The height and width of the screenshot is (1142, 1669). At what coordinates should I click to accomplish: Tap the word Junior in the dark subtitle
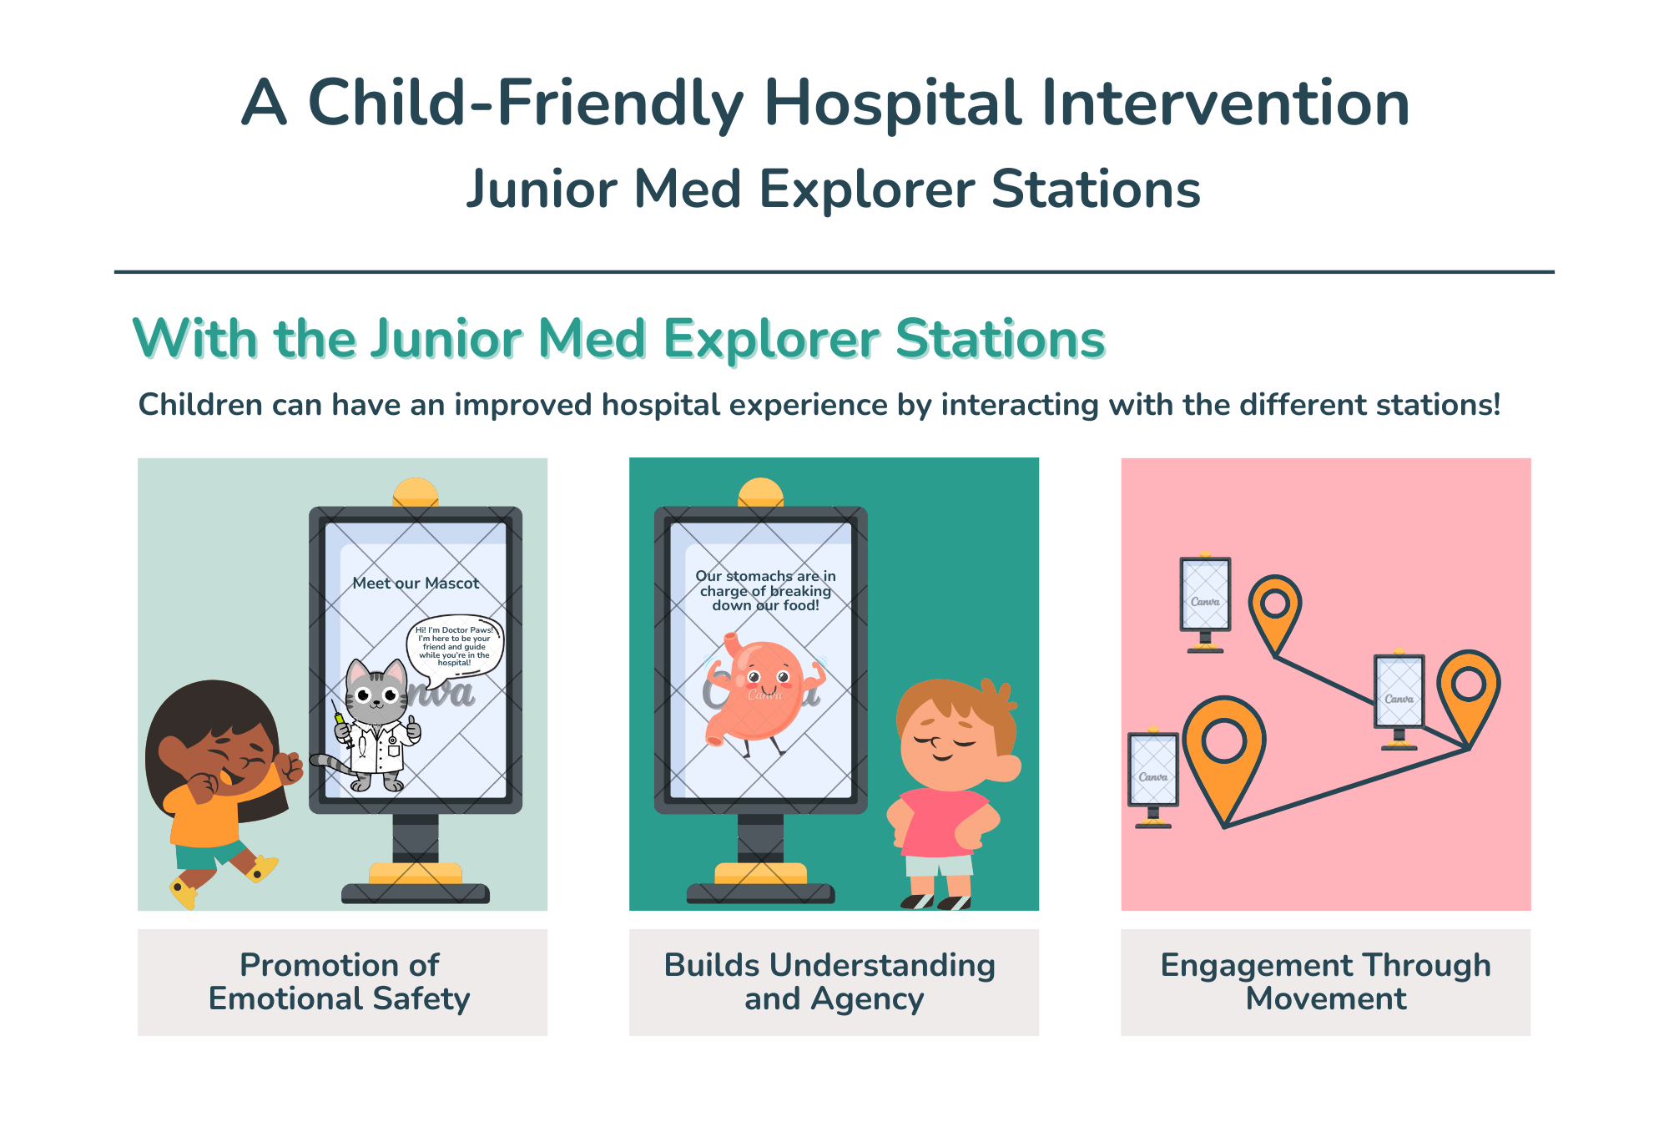[x=542, y=189]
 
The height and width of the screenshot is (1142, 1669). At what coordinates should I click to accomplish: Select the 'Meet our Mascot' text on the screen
[x=416, y=584]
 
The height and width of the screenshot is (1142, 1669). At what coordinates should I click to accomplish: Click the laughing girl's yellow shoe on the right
[x=261, y=868]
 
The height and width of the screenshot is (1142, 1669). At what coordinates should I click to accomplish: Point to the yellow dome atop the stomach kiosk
[x=760, y=493]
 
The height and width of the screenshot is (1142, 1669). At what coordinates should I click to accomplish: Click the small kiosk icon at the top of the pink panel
[x=1205, y=602]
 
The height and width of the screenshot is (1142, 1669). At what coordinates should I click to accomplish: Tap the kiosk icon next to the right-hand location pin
[x=1399, y=700]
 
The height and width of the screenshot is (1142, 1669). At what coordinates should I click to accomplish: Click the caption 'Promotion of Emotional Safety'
[x=340, y=982]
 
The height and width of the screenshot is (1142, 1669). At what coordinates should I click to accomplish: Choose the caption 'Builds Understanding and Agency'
[x=830, y=982]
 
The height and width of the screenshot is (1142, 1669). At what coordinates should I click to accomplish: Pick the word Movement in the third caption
[x=1326, y=998]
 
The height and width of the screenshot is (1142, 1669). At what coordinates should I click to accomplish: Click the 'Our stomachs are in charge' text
[x=766, y=590]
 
